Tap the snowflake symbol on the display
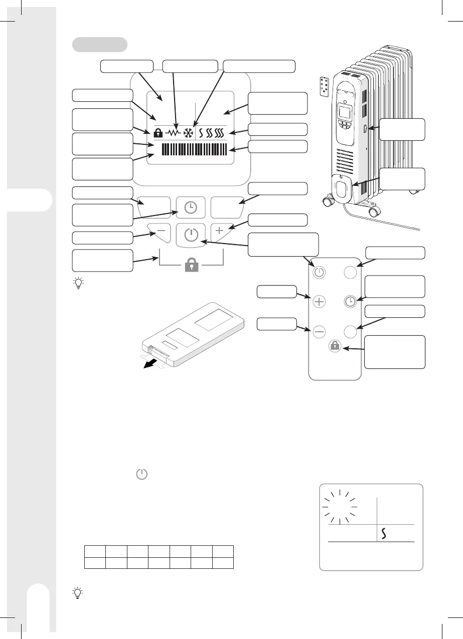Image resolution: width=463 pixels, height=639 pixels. (189, 133)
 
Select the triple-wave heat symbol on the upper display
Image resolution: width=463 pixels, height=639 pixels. (219, 133)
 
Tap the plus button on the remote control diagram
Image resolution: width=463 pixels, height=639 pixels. (320, 302)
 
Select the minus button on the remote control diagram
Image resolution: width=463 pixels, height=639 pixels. (320, 331)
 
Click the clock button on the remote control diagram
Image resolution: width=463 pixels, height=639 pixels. (350, 302)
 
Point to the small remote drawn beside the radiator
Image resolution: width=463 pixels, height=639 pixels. (326, 86)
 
